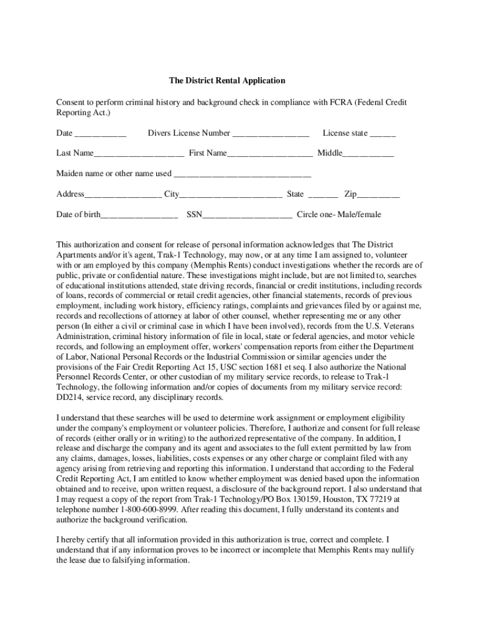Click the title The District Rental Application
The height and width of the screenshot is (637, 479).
[x=227, y=81]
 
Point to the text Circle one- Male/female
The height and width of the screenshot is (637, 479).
[x=338, y=215]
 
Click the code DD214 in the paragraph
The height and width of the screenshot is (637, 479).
[x=70, y=397]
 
